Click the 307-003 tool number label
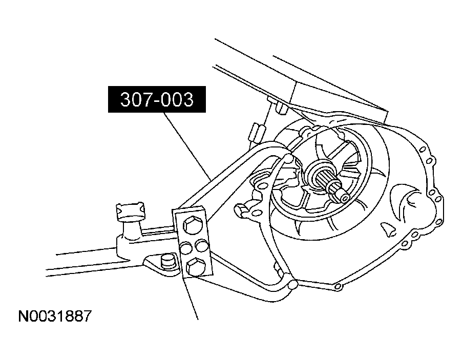(x=157, y=100)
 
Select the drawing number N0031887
(x=55, y=316)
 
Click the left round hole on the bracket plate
(x=186, y=248)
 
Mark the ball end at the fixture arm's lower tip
(x=292, y=285)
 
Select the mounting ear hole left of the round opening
(x=260, y=179)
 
